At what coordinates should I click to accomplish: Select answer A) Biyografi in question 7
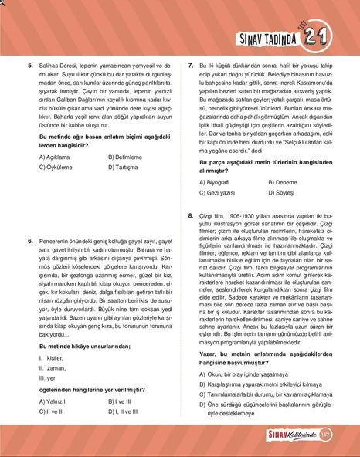pos(219,182)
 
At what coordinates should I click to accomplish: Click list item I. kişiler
pos(54,358)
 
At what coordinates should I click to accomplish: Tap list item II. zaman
pos(56,368)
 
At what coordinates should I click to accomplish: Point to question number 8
pos(191,215)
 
